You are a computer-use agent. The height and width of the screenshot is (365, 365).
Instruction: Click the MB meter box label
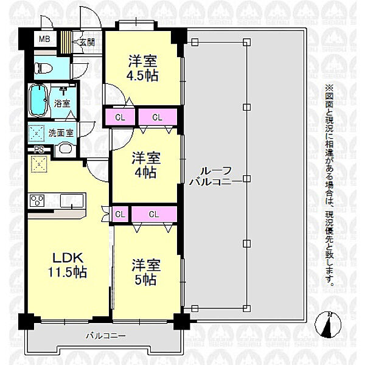44,39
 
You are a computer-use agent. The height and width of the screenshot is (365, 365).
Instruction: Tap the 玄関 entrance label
86,43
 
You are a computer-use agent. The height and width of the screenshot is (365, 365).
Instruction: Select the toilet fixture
44,68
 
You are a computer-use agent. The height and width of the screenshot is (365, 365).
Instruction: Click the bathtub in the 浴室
38,100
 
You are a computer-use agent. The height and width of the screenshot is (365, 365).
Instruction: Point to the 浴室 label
62,103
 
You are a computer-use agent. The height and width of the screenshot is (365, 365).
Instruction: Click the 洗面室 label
61,133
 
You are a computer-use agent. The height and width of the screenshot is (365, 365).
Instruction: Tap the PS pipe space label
39,150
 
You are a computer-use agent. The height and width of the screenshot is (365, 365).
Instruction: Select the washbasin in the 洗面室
64,148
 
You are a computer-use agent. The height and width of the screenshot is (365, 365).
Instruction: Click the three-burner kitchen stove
37,201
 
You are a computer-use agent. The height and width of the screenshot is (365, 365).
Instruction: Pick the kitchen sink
72,201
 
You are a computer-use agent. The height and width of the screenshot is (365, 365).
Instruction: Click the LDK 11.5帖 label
68,265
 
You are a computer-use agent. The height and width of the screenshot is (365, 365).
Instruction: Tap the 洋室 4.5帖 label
142,68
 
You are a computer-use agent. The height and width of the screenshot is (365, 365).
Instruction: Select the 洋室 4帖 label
146,165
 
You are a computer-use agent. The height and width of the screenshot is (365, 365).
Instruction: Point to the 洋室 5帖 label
146,272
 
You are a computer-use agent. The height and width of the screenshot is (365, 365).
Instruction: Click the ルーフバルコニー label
210,176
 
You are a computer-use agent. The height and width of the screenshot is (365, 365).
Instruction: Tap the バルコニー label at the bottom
106,336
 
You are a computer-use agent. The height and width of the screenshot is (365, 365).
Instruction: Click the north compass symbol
328,325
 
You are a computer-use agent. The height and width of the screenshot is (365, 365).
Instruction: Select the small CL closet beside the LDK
120,214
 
